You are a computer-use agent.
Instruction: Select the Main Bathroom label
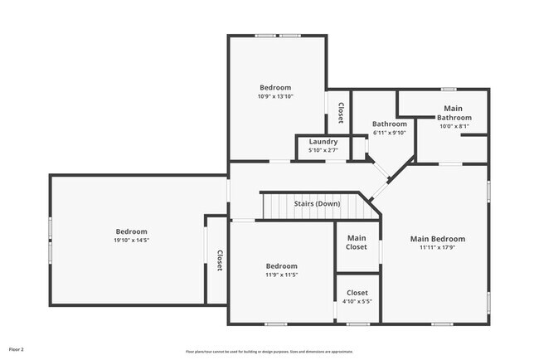tap(454, 113)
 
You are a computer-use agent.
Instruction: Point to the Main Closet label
tap(357, 242)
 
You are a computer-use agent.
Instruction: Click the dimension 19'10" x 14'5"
tap(131, 241)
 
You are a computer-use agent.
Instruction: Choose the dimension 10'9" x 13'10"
tap(275, 96)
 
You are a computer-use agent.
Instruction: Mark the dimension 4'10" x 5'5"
tap(357, 301)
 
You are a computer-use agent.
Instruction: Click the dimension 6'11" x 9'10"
tap(389, 133)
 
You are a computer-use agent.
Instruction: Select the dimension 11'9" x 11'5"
tap(281, 275)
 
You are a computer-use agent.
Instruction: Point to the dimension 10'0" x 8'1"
tap(454, 126)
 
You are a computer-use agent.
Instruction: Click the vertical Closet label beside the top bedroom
tap(340, 112)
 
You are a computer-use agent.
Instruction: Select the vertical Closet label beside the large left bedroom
tap(220, 260)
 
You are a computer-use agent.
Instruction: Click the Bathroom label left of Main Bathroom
tap(389, 124)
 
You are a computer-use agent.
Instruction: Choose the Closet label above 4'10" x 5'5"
tap(357, 293)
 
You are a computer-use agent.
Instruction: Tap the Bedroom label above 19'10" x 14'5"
tap(131, 231)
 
